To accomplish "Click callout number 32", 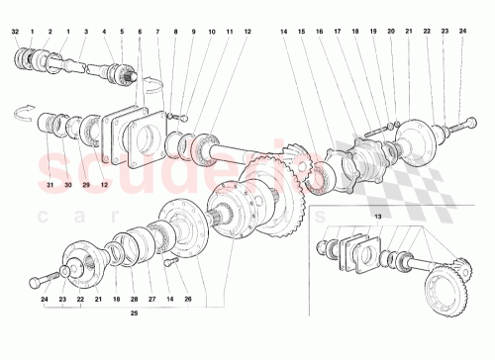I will point(16,33).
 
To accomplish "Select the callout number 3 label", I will point(86,33).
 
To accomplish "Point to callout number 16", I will point(320,33).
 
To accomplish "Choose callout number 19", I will point(374,33).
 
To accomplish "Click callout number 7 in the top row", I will point(157,33).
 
